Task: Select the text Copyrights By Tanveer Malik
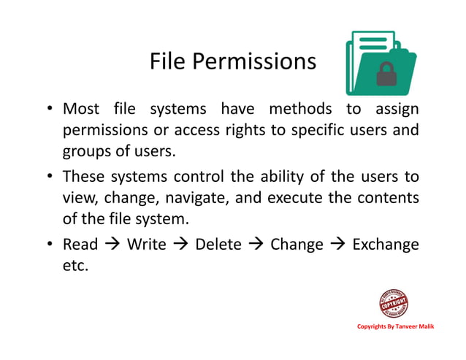pyautogui.click(x=395, y=326)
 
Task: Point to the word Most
pyautogui.click(x=81, y=110)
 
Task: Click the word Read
pyautogui.click(x=80, y=244)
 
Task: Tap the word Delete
pyautogui.click(x=218, y=244)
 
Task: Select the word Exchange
pyautogui.click(x=386, y=244)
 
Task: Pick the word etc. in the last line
pyautogui.click(x=75, y=266)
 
